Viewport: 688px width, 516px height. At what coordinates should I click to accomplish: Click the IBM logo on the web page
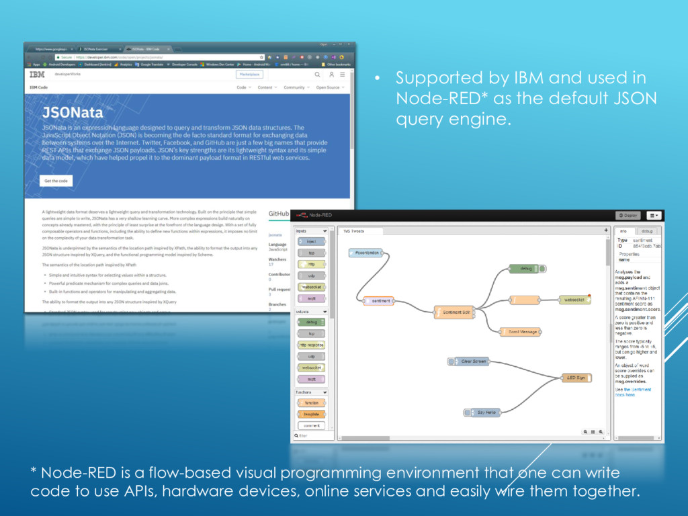coord(37,75)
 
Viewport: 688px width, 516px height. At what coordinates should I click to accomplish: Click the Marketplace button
coord(249,75)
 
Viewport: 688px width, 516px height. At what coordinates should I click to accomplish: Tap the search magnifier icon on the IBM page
coord(317,75)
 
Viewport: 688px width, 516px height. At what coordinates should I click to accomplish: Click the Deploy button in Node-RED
coord(628,216)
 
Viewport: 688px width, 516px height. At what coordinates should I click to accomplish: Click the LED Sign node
coord(576,378)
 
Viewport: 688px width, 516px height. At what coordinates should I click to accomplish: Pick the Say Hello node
coord(483,412)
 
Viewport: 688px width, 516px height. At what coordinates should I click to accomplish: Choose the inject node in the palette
coord(311,241)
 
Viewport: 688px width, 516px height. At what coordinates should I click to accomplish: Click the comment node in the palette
coord(311,425)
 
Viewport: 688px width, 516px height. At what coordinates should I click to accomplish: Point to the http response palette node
coord(311,345)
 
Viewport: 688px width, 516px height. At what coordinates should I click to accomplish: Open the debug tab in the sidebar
coord(647,231)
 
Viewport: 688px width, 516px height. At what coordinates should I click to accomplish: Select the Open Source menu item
coord(329,87)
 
